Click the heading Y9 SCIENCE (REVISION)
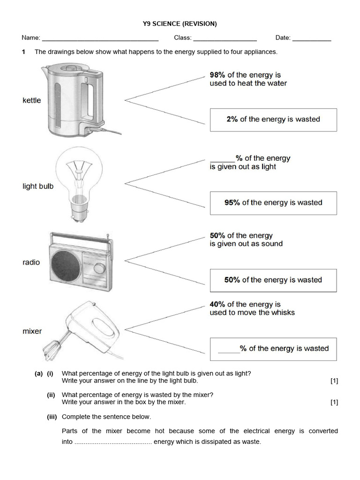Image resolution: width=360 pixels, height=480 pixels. (x=180, y=23)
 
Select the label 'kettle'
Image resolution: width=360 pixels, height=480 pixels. (x=32, y=100)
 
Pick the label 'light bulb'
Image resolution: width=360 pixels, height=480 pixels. (x=38, y=186)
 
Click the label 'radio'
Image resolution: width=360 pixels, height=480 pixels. (x=31, y=262)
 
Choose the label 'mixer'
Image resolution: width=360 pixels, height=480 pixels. (x=32, y=331)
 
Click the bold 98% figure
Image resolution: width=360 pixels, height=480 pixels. (x=218, y=75)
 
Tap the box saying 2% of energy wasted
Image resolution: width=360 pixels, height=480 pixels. (x=273, y=120)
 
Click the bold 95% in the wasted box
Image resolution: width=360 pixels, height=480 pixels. (x=232, y=203)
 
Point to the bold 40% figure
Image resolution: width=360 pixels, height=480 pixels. (x=218, y=305)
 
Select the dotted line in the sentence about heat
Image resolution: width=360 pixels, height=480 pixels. (x=112, y=442)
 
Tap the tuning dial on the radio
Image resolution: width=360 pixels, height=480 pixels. (x=99, y=268)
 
